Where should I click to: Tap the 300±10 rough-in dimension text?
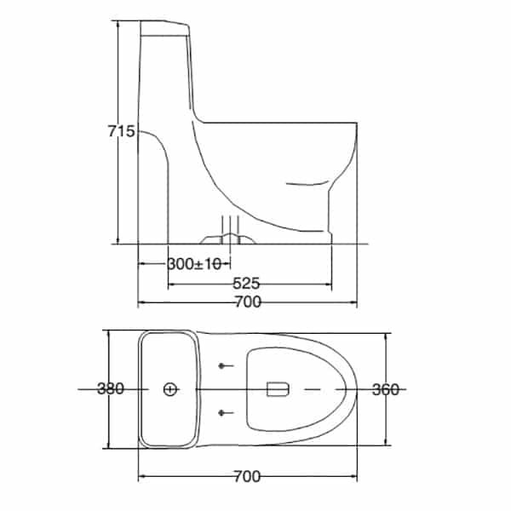click(194, 264)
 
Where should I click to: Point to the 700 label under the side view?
click(246, 302)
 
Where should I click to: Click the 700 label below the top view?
click(246, 476)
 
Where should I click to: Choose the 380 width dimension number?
click(111, 389)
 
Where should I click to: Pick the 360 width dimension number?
click(386, 389)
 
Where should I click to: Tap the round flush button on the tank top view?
click(169, 389)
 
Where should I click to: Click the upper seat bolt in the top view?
click(223, 366)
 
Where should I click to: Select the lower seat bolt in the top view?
click(223, 413)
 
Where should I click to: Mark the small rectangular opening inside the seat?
click(278, 389)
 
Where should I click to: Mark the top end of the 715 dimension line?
click(118, 21)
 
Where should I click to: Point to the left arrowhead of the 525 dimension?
click(169, 283)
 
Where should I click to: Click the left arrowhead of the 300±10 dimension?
click(140, 264)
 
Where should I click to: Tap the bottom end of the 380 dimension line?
click(108, 447)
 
